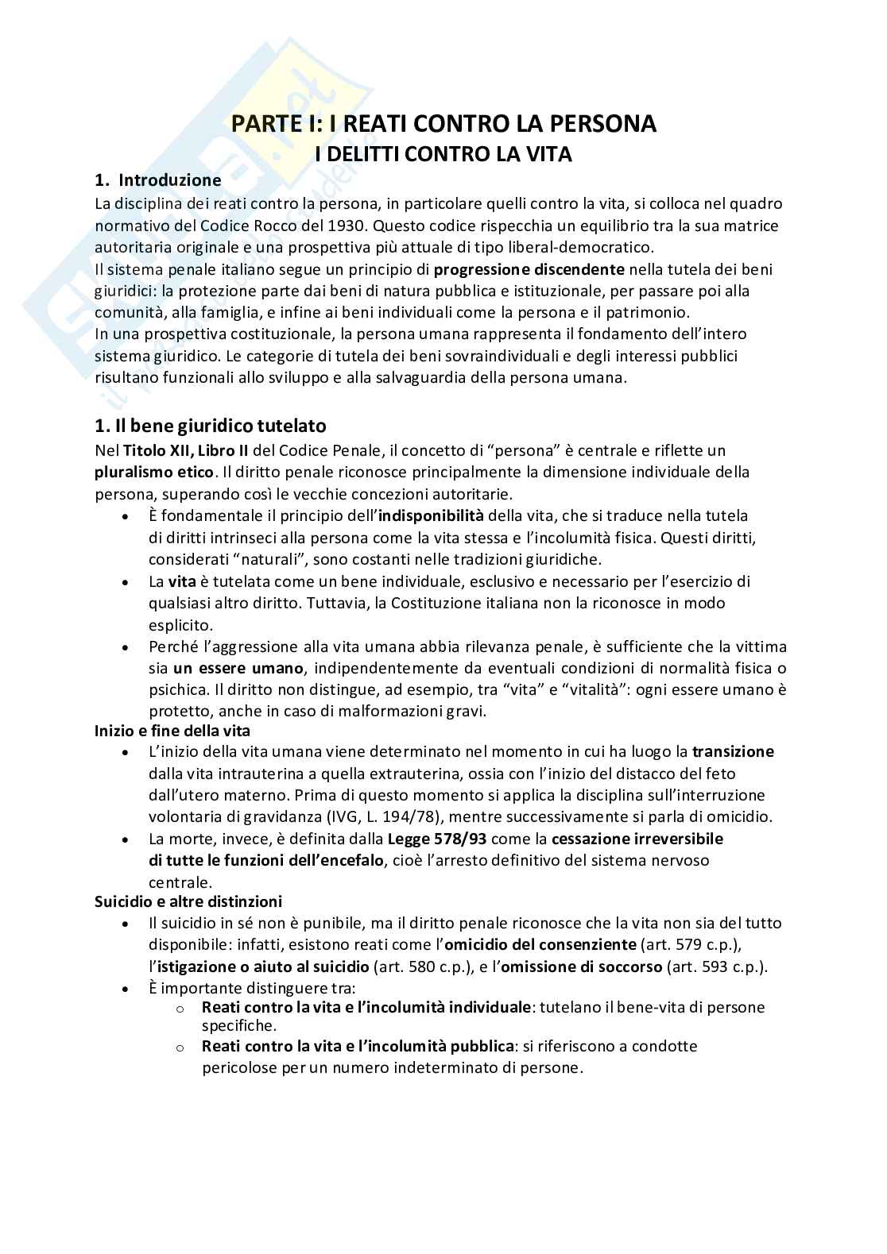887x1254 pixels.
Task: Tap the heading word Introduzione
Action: pos(170,180)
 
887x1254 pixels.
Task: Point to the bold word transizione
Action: pos(733,751)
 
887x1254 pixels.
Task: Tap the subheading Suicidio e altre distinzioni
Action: pos(188,901)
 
